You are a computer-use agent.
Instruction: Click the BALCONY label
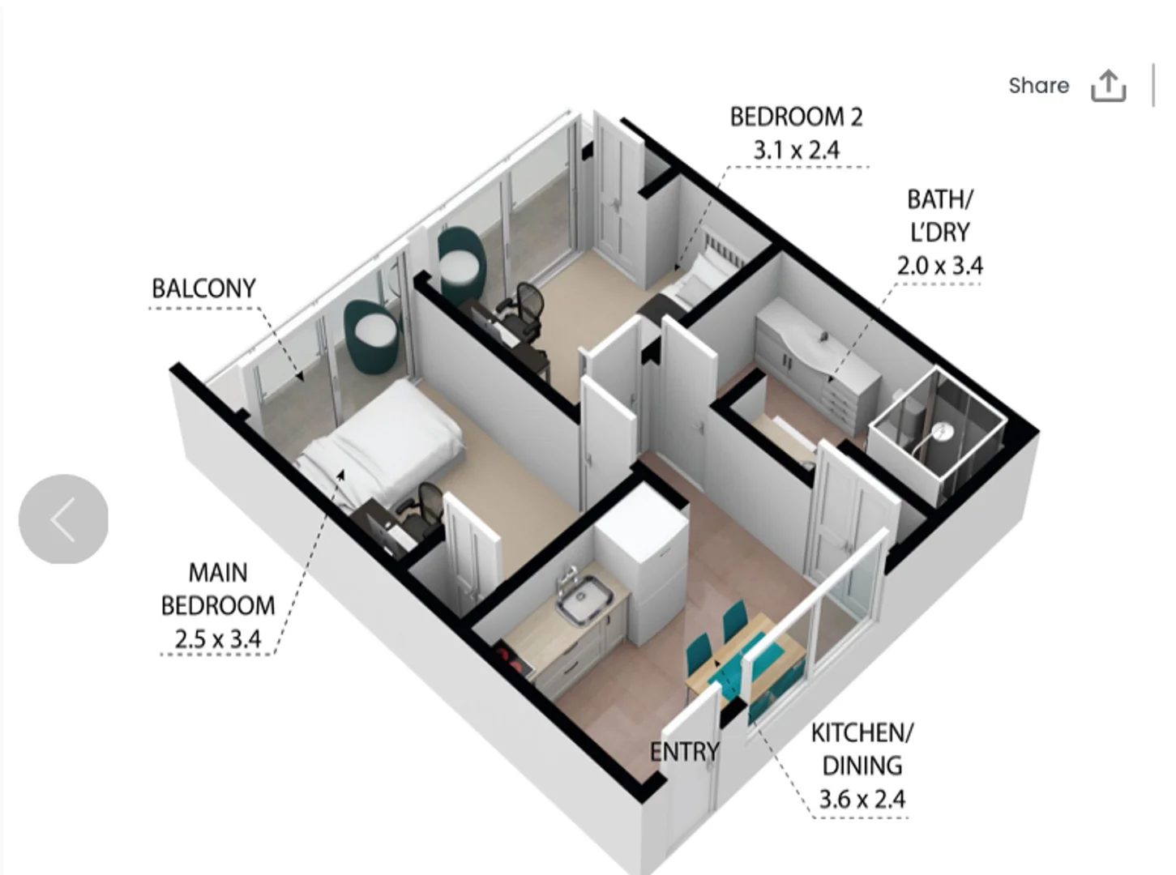coord(203,288)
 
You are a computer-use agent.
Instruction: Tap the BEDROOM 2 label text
coord(796,117)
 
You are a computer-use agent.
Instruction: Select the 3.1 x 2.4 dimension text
coord(796,151)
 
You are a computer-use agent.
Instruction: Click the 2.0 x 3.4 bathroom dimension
coord(939,266)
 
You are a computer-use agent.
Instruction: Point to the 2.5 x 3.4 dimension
coord(217,639)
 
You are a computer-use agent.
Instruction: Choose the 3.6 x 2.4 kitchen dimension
coord(862,800)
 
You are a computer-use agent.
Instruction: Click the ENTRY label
coord(684,752)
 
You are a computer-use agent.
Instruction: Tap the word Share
coord(1038,85)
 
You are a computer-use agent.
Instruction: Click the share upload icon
coord(1108,86)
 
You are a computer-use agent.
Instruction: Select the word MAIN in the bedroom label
coord(217,573)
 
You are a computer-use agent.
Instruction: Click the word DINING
coord(862,766)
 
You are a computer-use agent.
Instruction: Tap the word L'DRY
coord(939,233)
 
